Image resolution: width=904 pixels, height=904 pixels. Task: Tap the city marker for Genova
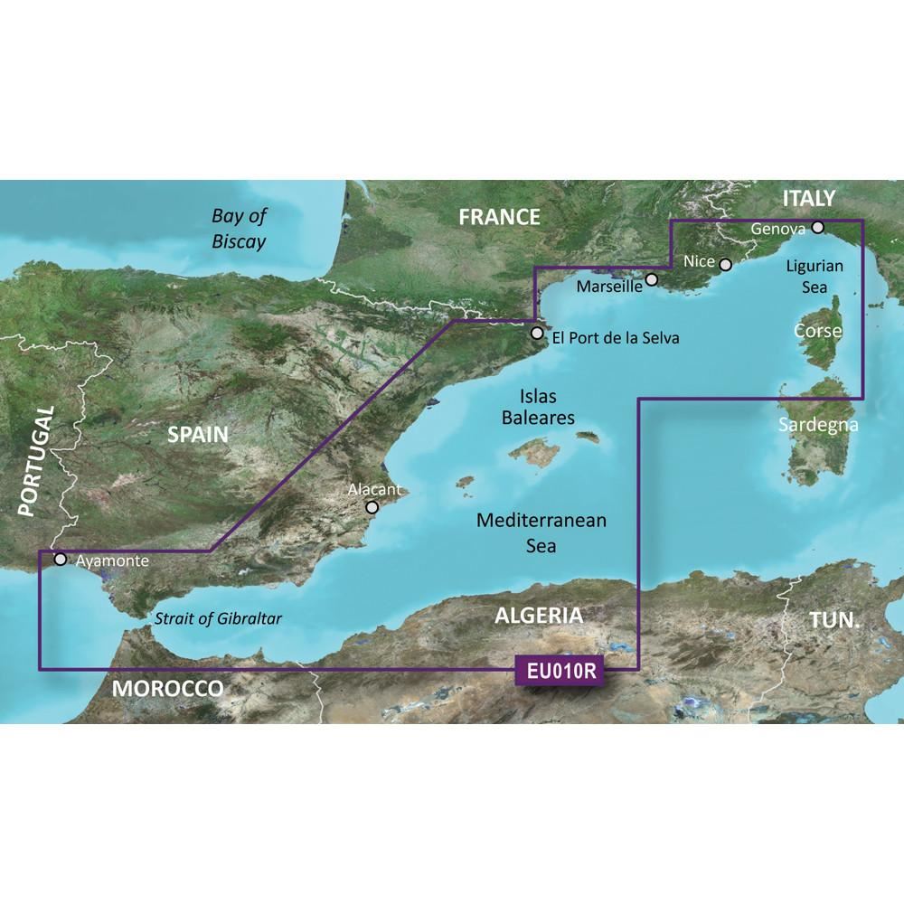click(x=817, y=228)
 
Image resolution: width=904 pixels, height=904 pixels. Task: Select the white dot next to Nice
click(x=724, y=264)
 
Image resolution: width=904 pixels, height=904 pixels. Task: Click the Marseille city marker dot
click(x=651, y=282)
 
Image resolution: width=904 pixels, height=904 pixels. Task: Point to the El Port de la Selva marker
click(x=537, y=334)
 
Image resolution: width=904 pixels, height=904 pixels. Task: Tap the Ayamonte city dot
click(x=61, y=559)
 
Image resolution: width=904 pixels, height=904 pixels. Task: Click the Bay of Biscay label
click(x=239, y=229)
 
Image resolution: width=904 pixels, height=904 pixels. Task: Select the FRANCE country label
click(x=499, y=217)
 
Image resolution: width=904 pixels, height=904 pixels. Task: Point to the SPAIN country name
click(x=197, y=434)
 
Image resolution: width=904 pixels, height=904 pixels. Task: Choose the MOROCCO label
click(x=168, y=689)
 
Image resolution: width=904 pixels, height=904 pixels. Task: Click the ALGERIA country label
click(x=539, y=617)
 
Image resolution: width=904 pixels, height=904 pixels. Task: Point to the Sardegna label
click(x=818, y=426)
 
